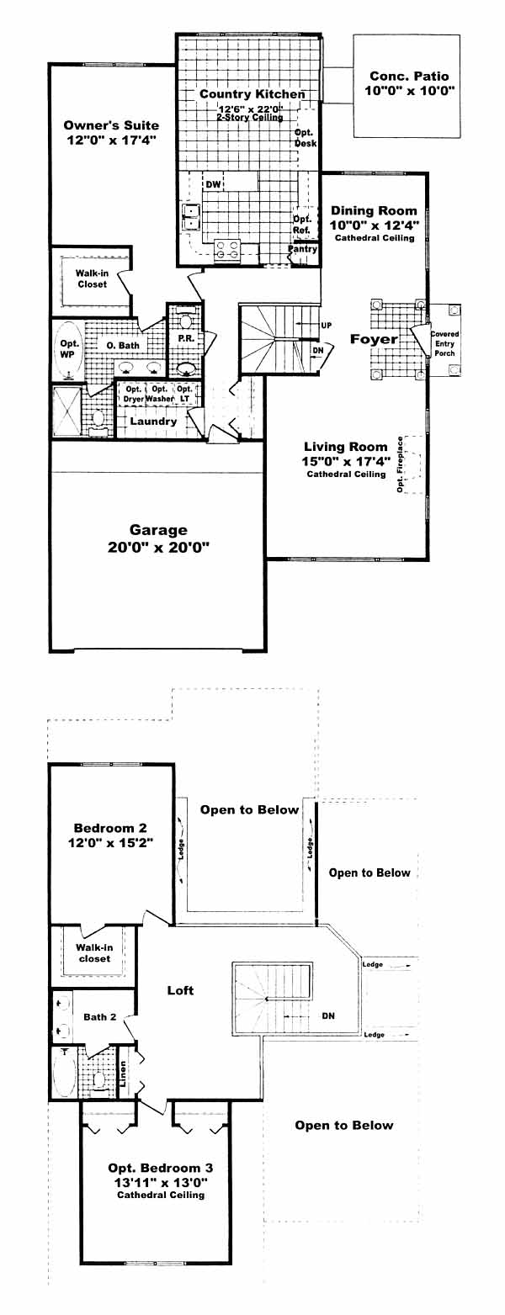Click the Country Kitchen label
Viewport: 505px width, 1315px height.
252,94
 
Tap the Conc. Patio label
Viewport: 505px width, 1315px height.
409,76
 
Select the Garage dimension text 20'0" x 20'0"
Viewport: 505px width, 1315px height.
158,548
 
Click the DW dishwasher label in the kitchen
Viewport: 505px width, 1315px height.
214,184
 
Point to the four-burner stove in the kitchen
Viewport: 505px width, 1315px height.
227,250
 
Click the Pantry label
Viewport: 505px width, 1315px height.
303,248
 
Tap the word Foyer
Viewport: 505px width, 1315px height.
374,339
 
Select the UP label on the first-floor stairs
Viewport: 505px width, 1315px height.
326,326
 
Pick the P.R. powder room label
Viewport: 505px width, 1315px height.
186,339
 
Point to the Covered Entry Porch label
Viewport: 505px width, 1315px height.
444,343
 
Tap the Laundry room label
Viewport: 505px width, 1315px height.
153,422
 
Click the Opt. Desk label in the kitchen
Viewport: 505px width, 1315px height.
306,138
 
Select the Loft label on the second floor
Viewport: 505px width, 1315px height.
180,990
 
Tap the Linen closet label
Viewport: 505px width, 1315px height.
123,1074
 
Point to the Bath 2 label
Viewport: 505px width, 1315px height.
100,1017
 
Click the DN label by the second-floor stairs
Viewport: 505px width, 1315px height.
328,1015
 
